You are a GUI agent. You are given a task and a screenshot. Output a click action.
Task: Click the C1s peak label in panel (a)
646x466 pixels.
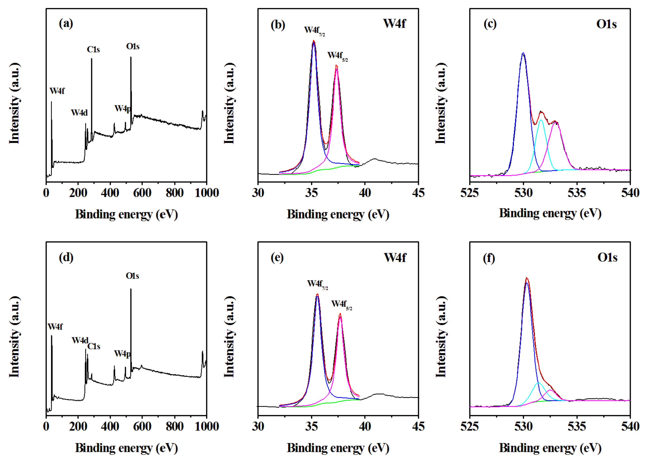(93, 50)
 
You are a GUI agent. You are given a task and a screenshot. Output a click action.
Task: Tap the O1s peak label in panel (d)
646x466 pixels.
(132, 276)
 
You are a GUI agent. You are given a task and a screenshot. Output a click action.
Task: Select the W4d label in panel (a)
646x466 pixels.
(79, 113)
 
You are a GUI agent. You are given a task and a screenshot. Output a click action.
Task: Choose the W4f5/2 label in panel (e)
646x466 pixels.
(341, 304)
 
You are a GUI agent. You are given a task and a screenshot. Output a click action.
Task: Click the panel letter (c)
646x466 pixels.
(490, 24)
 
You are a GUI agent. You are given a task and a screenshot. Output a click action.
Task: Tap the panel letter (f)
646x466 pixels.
(489, 258)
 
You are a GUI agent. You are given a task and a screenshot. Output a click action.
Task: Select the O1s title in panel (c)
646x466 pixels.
(606, 24)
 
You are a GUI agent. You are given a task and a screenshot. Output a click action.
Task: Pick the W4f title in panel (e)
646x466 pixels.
(395, 258)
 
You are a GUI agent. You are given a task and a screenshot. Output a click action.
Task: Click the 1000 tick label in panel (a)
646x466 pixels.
(207, 193)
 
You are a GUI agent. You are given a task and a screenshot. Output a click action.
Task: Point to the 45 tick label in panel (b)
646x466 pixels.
(418, 193)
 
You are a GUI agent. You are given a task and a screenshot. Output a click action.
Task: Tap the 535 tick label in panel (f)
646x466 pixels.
(577, 426)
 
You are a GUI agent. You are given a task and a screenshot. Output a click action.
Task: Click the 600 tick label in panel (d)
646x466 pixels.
(142, 426)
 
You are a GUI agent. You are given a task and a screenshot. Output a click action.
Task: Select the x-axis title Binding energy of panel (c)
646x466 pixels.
(550, 213)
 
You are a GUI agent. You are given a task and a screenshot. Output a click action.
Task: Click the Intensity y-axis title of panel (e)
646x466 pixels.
(230, 337)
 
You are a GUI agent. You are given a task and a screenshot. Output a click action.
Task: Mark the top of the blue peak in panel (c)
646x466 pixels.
(523, 53)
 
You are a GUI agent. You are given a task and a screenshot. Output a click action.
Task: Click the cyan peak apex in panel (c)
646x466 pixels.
(541, 120)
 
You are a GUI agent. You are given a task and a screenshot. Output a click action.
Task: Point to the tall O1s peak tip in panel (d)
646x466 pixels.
(131, 289)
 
